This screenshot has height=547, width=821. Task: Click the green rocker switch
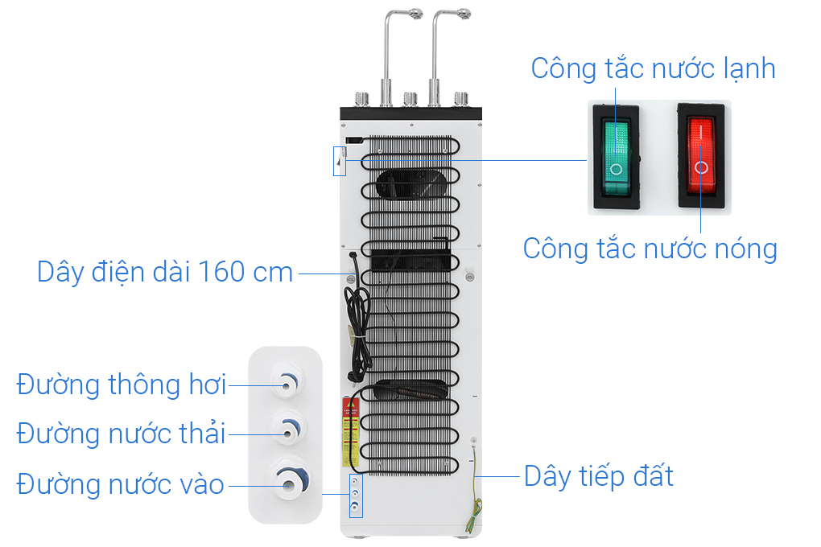click(616, 157)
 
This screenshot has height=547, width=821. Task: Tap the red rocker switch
click(701, 155)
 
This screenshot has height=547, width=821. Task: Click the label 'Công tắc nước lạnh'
click(653, 69)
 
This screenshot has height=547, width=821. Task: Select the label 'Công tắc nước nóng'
click(650, 249)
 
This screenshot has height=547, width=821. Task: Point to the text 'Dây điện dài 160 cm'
click(165, 272)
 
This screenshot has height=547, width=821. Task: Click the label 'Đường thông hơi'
click(122, 385)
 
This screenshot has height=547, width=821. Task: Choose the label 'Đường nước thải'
click(121, 434)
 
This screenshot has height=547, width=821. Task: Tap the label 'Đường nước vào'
click(121, 484)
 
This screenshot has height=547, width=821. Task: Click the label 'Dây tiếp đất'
click(599, 476)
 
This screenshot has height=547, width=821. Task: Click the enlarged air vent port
click(286, 383)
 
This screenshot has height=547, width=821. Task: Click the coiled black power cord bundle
click(357, 324)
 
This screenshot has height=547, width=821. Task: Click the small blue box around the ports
click(356, 495)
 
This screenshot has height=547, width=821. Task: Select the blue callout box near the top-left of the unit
click(340, 161)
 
